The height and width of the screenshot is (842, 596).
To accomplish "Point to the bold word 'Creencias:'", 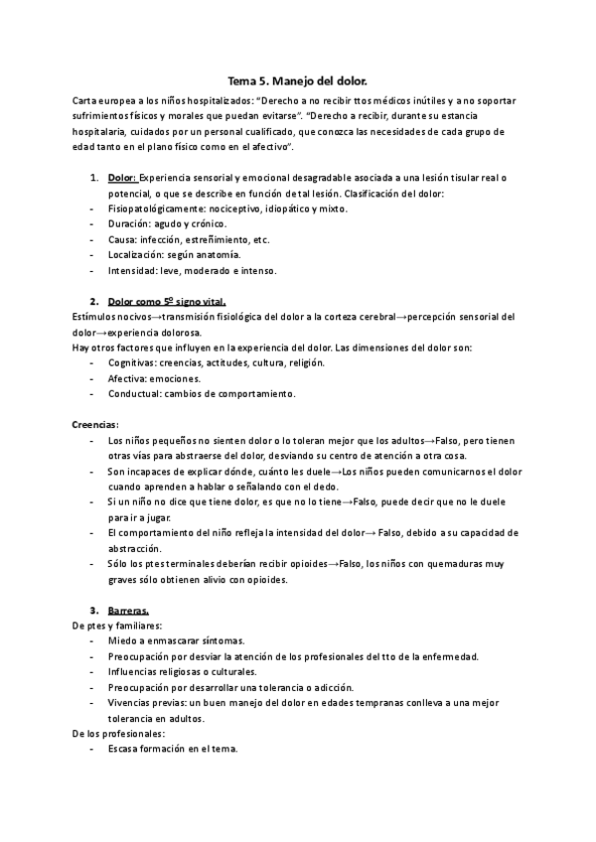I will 95,424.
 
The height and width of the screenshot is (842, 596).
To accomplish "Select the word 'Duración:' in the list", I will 129,223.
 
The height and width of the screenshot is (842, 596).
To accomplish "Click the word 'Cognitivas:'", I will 134,362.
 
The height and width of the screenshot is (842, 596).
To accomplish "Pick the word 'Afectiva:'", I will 129,378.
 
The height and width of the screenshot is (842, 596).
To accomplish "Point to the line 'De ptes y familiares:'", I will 118,626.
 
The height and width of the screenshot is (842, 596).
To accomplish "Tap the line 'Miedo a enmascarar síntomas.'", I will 177,640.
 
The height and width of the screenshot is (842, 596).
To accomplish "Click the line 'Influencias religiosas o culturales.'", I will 188,671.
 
